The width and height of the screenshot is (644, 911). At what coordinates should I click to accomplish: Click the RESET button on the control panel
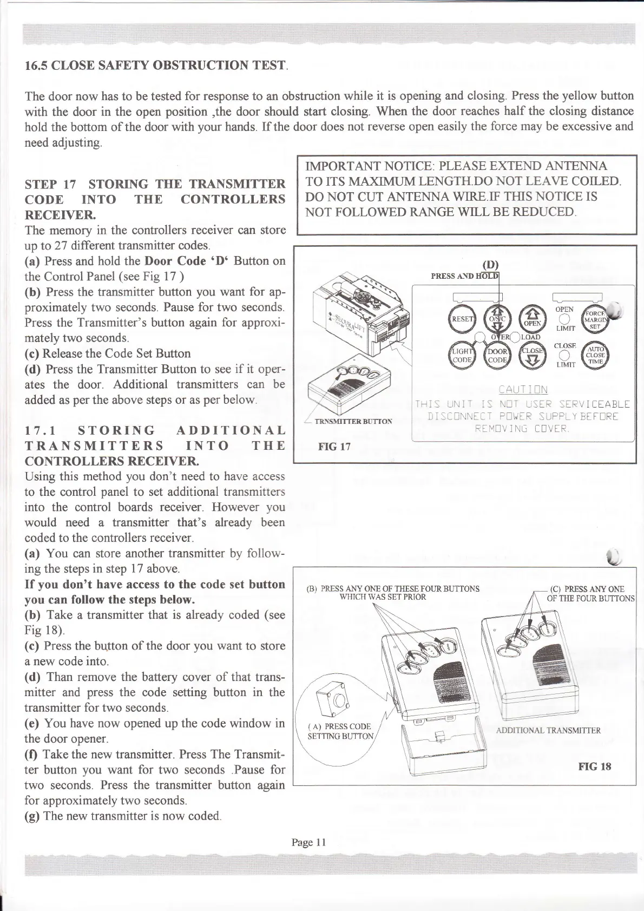[x=462, y=319]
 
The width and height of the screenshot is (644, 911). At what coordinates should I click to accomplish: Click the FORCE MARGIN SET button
[x=595, y=319]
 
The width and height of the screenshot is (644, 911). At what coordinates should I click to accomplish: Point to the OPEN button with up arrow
[x=533, y=319]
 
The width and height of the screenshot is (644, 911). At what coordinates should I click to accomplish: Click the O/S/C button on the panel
[x=496, y=319]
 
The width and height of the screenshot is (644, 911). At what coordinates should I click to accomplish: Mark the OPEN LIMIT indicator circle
[x=564, y=319]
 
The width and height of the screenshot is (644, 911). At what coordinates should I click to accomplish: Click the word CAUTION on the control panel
[x=523, y=390]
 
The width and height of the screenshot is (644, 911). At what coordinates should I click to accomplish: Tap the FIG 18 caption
[x=594, y=766]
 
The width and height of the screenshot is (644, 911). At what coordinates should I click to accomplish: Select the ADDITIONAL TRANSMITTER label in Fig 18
[x=548, y=730]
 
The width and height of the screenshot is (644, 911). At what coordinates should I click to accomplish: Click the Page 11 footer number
[x=308, y=842]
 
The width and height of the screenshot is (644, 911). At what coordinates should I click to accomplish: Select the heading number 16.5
[x=36, y=67]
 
